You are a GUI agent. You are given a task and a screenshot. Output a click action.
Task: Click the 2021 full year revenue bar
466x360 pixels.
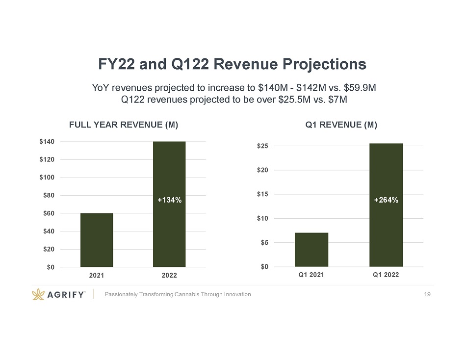point(97,240)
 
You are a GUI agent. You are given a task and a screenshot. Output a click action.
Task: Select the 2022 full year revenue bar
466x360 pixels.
point(169,204)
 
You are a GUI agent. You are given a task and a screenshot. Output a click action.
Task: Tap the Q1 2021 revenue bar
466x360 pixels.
point(311,250)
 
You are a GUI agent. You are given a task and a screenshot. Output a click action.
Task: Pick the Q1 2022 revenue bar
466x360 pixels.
point(386,205)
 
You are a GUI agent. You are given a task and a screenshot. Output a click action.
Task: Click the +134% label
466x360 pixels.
point(169,200)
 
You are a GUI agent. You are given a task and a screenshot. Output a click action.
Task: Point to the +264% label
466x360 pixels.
point(386,200)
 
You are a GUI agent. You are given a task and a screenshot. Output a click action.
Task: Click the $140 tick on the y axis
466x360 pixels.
point(47,142)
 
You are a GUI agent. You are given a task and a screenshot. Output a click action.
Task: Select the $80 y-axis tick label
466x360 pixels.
point(49,195)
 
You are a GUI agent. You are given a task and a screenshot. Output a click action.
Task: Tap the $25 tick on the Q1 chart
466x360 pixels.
point(262,146)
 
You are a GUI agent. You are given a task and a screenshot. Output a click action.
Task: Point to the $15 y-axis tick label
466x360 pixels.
point(262,194)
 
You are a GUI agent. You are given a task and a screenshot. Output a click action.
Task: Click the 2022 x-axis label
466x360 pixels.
point(169,275)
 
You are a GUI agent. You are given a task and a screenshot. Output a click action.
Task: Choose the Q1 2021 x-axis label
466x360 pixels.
point(311,275)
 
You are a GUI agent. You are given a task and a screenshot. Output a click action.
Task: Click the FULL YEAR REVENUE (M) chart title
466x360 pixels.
point(124,125)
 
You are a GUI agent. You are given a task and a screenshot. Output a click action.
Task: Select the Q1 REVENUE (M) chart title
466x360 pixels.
point(341,125)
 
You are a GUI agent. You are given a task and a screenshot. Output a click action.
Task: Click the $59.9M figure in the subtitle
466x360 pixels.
point(360,88)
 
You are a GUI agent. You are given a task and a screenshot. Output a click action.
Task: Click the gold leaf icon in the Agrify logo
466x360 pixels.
point(38,294)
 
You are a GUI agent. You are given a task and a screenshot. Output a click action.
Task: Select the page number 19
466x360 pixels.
point(427,294)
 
